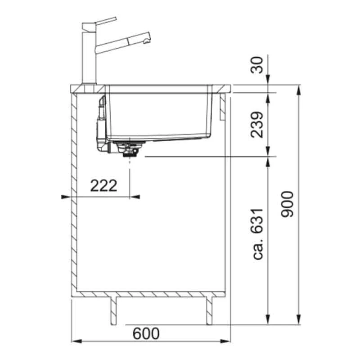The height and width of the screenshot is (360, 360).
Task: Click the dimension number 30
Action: point(256,65)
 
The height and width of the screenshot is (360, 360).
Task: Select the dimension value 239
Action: point(256,125)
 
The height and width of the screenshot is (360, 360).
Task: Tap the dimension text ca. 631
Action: point(257,234)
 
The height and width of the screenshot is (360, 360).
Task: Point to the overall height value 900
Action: point(287,204)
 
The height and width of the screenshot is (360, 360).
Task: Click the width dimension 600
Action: point(146,333)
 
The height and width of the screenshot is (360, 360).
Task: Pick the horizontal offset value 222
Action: point(104,186)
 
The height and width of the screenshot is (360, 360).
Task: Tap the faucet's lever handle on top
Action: point(106,21)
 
